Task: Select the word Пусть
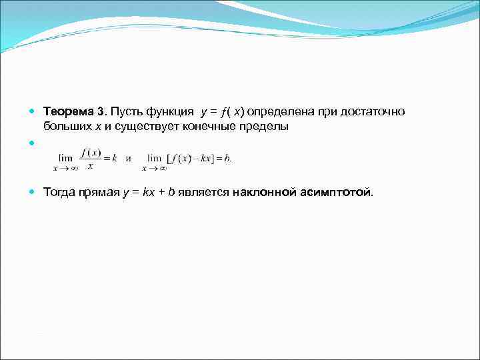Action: pos(125,111)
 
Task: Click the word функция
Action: pos(168,111)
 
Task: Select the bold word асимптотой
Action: pos(337,193)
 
